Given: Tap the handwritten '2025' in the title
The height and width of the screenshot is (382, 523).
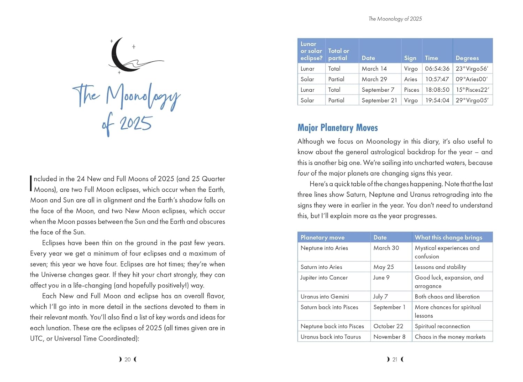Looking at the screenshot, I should click(136, 124).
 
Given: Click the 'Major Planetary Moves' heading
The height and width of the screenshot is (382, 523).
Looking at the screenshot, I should click(338, 128).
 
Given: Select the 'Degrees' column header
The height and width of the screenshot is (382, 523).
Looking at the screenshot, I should click(467, 58).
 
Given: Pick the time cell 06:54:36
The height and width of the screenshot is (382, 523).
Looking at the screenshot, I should click(437, 69).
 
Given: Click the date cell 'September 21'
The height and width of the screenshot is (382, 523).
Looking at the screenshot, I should click(379, 100).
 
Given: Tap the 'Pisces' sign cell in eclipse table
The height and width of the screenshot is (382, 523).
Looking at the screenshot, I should click(411, 90).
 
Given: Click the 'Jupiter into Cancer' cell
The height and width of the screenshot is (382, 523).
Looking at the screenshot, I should click(324, 278).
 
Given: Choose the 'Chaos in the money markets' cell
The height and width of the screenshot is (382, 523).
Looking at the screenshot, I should click(450, 337).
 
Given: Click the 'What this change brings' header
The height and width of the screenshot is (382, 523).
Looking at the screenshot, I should click(448, 237).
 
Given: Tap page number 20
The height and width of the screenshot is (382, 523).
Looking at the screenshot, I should click(128, 359).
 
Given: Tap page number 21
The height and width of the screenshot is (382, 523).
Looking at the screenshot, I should click(395, 359).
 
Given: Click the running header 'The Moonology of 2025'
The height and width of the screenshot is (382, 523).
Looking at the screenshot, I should click(395, 19).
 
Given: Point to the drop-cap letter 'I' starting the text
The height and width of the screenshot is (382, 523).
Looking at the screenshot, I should click(31, 183).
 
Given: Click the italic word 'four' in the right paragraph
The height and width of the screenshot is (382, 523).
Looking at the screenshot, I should click(303, 173).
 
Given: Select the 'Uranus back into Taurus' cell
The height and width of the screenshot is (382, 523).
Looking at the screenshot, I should click(331, 337).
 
